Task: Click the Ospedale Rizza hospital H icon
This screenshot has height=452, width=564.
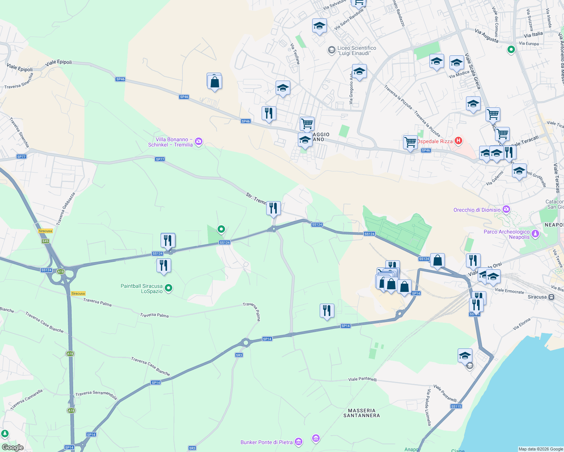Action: coord(458,141)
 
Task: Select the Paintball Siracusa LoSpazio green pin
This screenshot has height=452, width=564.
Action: coord(169,289)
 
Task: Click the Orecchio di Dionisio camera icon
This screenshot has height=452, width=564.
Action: coord(506,209)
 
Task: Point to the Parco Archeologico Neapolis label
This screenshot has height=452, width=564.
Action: coord(506,234)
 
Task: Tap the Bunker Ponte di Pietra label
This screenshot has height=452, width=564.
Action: coord(267,442)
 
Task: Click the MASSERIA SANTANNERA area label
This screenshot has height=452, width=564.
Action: coord(362,413)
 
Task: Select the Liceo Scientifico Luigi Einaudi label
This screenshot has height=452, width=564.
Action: coord(357,50)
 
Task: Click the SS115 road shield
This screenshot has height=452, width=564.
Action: coord(456,406)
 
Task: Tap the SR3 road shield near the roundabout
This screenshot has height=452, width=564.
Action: coord(239,355)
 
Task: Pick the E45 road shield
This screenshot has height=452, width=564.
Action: coord(46,241)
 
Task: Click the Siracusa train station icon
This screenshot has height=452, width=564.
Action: coord(551,297)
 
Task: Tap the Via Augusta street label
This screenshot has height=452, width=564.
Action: coord(487,36)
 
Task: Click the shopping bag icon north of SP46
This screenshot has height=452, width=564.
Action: coord(215,82)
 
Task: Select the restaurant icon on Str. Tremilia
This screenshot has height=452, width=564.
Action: coord(273,208)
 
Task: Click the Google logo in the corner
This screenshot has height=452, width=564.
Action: coord(13,447)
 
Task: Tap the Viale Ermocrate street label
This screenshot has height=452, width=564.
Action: coord(509,291)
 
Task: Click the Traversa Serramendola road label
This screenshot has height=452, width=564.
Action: coord(96,395)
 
